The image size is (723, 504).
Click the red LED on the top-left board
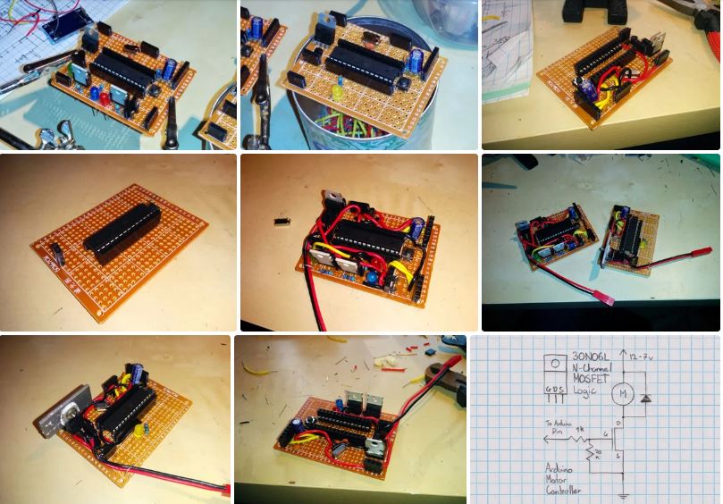point(105,97)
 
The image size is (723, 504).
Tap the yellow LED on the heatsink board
point(140,429)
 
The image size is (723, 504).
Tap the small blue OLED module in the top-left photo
point(59,26)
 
